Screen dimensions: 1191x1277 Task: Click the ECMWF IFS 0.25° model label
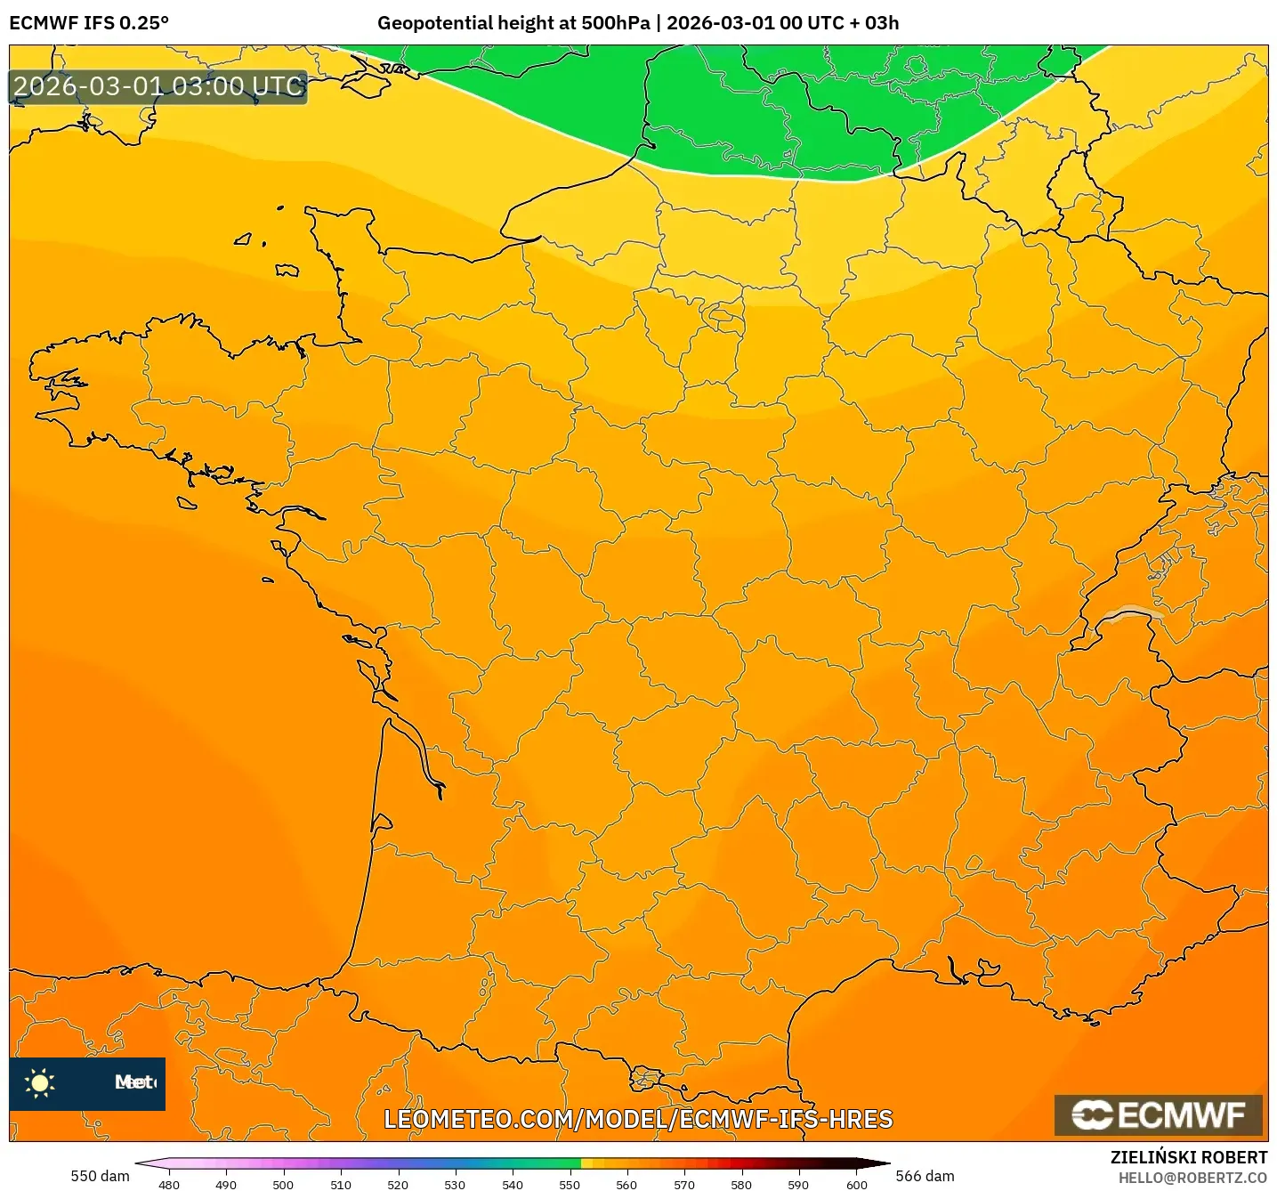click(x=89, y=23)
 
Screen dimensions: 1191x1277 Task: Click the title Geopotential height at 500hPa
click(x=513, y=23)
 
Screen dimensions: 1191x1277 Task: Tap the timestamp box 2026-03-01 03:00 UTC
click(x=158, y=87)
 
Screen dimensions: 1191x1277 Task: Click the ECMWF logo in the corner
click(x=1159, y=1114)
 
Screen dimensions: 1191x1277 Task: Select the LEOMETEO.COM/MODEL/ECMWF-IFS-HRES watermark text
click(x=638, y=1119)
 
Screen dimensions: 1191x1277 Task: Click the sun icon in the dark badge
click(x=40, y=1083)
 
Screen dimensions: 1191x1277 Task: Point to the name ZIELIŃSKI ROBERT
click(x=1188, y=1157)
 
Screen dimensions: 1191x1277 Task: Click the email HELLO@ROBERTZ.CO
click(x=1192, y=1178)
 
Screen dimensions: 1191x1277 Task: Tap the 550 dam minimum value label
click(x=100, y=1176)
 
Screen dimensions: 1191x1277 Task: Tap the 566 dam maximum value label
click(x=925, y=1176)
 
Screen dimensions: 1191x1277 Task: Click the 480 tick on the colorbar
click(x=169, y=1184)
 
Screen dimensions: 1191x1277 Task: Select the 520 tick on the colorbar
click(x=398, y=1184)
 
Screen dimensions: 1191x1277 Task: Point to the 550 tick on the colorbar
click(x=570, y=1184)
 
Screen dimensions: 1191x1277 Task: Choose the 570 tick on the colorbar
click(x=684, y=1184)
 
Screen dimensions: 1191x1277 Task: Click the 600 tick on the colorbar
click(x=856, y=1184)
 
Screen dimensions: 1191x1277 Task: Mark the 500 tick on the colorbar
click(x=283, y=1184)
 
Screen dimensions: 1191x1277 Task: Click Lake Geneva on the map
click(x=1130, y=613)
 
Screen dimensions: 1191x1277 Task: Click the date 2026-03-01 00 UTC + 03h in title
click(x=782, y=23)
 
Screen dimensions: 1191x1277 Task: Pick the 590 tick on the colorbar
click(x=798, y=1184)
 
